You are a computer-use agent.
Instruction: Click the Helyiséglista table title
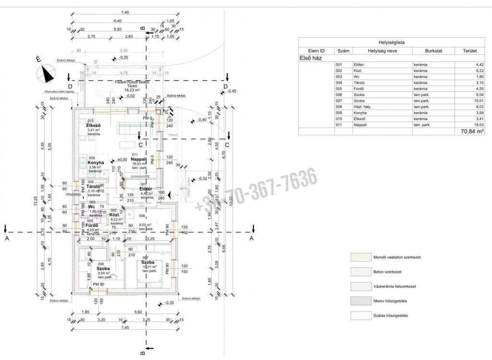(x=392, y=42)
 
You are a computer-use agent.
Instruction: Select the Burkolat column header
(x=433, y=50)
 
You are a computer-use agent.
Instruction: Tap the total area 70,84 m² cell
(x=472, y=131)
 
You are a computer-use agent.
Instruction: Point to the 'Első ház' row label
(x=310, y=58)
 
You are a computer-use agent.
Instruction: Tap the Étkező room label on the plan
(x=94, y=125)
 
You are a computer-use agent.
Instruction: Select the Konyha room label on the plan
(x=96, y=162)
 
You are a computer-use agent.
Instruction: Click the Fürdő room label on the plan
(x=92, y=225)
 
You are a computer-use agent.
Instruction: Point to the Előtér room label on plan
(x=146, y=189)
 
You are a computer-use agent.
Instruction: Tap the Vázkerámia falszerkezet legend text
(x=394, y=286)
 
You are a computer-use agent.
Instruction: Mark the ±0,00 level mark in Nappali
(x=122, y=159)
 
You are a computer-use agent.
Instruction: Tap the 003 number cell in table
(x=339, y=76)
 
